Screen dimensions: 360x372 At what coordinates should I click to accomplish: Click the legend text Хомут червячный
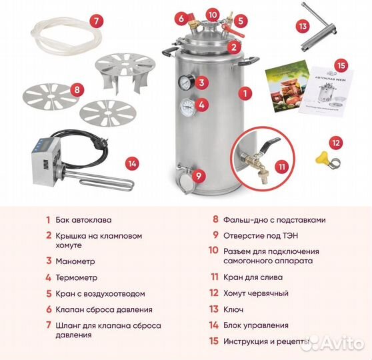tap(257, 293)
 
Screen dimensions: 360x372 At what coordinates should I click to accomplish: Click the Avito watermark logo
tap(331, 343)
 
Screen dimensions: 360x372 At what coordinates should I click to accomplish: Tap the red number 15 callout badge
tap(341, 65)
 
